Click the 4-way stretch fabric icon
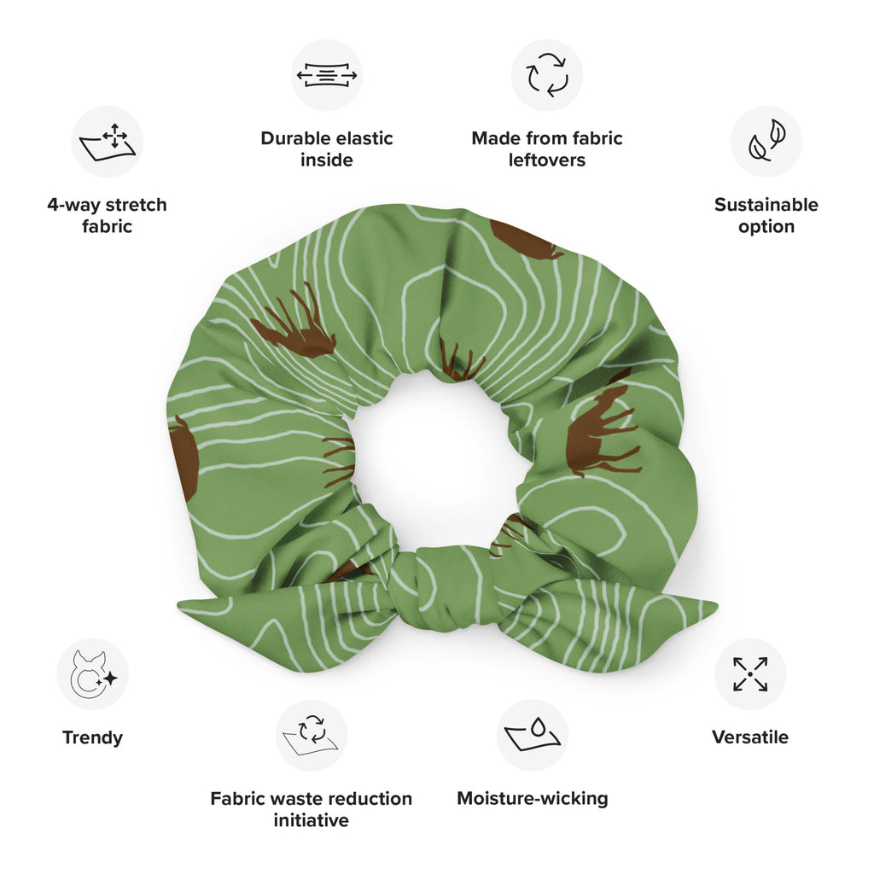(107, 141)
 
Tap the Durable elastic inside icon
(327, 75)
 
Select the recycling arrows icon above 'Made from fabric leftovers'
(547, 75)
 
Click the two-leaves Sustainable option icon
(766, 141)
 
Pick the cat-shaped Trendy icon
(92, 674)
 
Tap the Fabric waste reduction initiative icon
(312, 735)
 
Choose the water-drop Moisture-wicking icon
(533, 735)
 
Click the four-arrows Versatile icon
(750, 674)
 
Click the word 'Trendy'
(92, 737)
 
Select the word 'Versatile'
(750, 737)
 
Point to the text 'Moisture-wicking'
(533, 799)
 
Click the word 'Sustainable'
(766, 205)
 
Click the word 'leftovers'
(547, 160)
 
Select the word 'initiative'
(312, 821)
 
